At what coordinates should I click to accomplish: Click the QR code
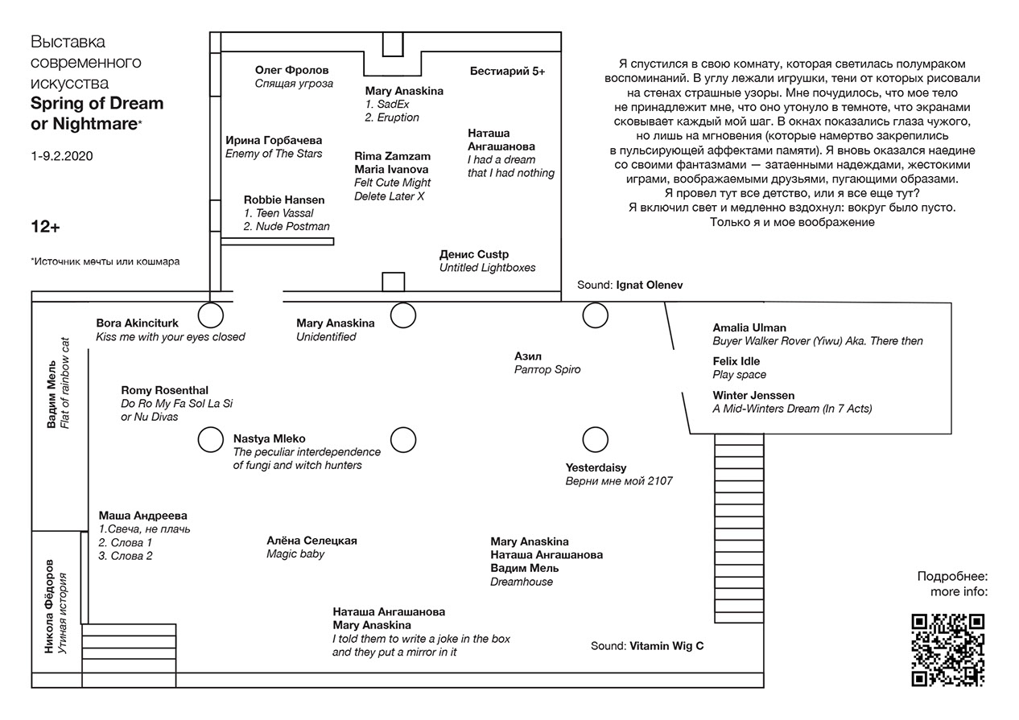click(x=947, y=649)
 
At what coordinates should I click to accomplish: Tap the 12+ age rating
click(x=45, y=228)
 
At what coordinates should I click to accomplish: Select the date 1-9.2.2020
click(x=62, y=156)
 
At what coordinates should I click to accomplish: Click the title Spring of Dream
click(x=97, y=103)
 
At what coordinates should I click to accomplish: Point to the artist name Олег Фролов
click(x=291, y=70)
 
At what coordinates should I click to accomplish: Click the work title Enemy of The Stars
click(x=274, y=154)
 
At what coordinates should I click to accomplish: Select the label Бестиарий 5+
click(x=507, y=72)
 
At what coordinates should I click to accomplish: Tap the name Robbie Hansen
click(x=284, y=200)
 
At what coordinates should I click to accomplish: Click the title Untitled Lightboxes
click(x=487, y=268)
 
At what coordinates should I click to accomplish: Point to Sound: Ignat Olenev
click(x=629, y=286)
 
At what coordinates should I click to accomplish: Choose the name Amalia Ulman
click(x=749, y=327)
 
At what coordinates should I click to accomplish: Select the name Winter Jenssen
click(x=753, y=395)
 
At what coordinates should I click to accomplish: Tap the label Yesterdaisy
click(x=596, y=467)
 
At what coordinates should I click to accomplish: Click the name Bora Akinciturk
click(x=137, y=323)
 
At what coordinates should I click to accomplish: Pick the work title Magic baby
click(x=295, y=554)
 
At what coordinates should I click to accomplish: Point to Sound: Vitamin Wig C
click(x=647, y=645)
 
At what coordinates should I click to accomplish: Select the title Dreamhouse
click(x=522, y=582)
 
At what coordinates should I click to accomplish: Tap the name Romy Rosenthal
click(x=159, y=390)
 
